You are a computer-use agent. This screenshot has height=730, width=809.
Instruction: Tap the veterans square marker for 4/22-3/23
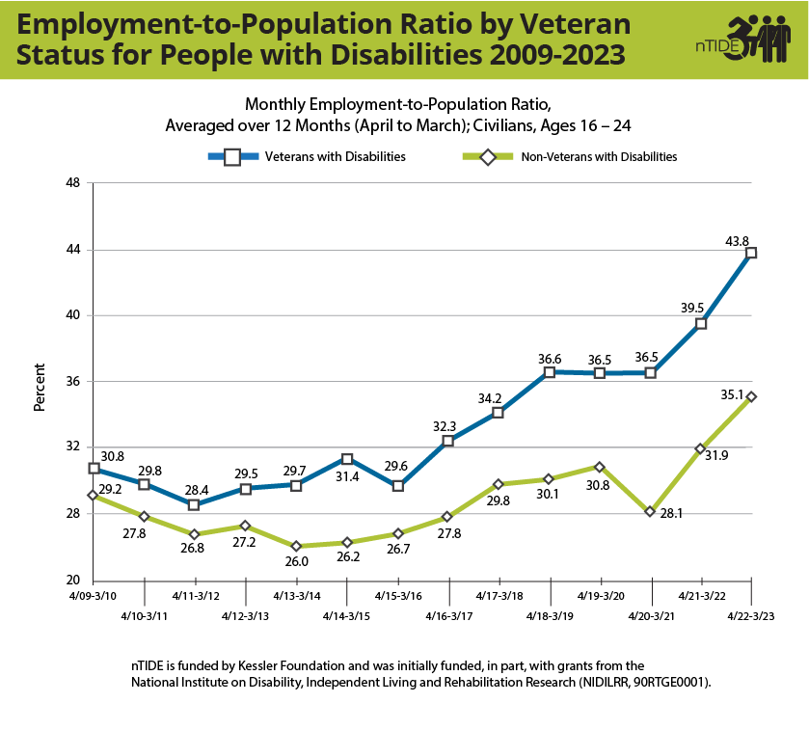pos(751,253)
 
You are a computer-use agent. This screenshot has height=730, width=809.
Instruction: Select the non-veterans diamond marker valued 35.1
pos(751,396)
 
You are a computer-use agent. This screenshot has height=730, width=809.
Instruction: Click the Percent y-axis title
pos(40,387)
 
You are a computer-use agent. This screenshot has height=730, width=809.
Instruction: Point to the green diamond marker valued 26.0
pos(296,546)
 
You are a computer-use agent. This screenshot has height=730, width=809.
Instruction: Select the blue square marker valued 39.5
pos(701,324)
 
